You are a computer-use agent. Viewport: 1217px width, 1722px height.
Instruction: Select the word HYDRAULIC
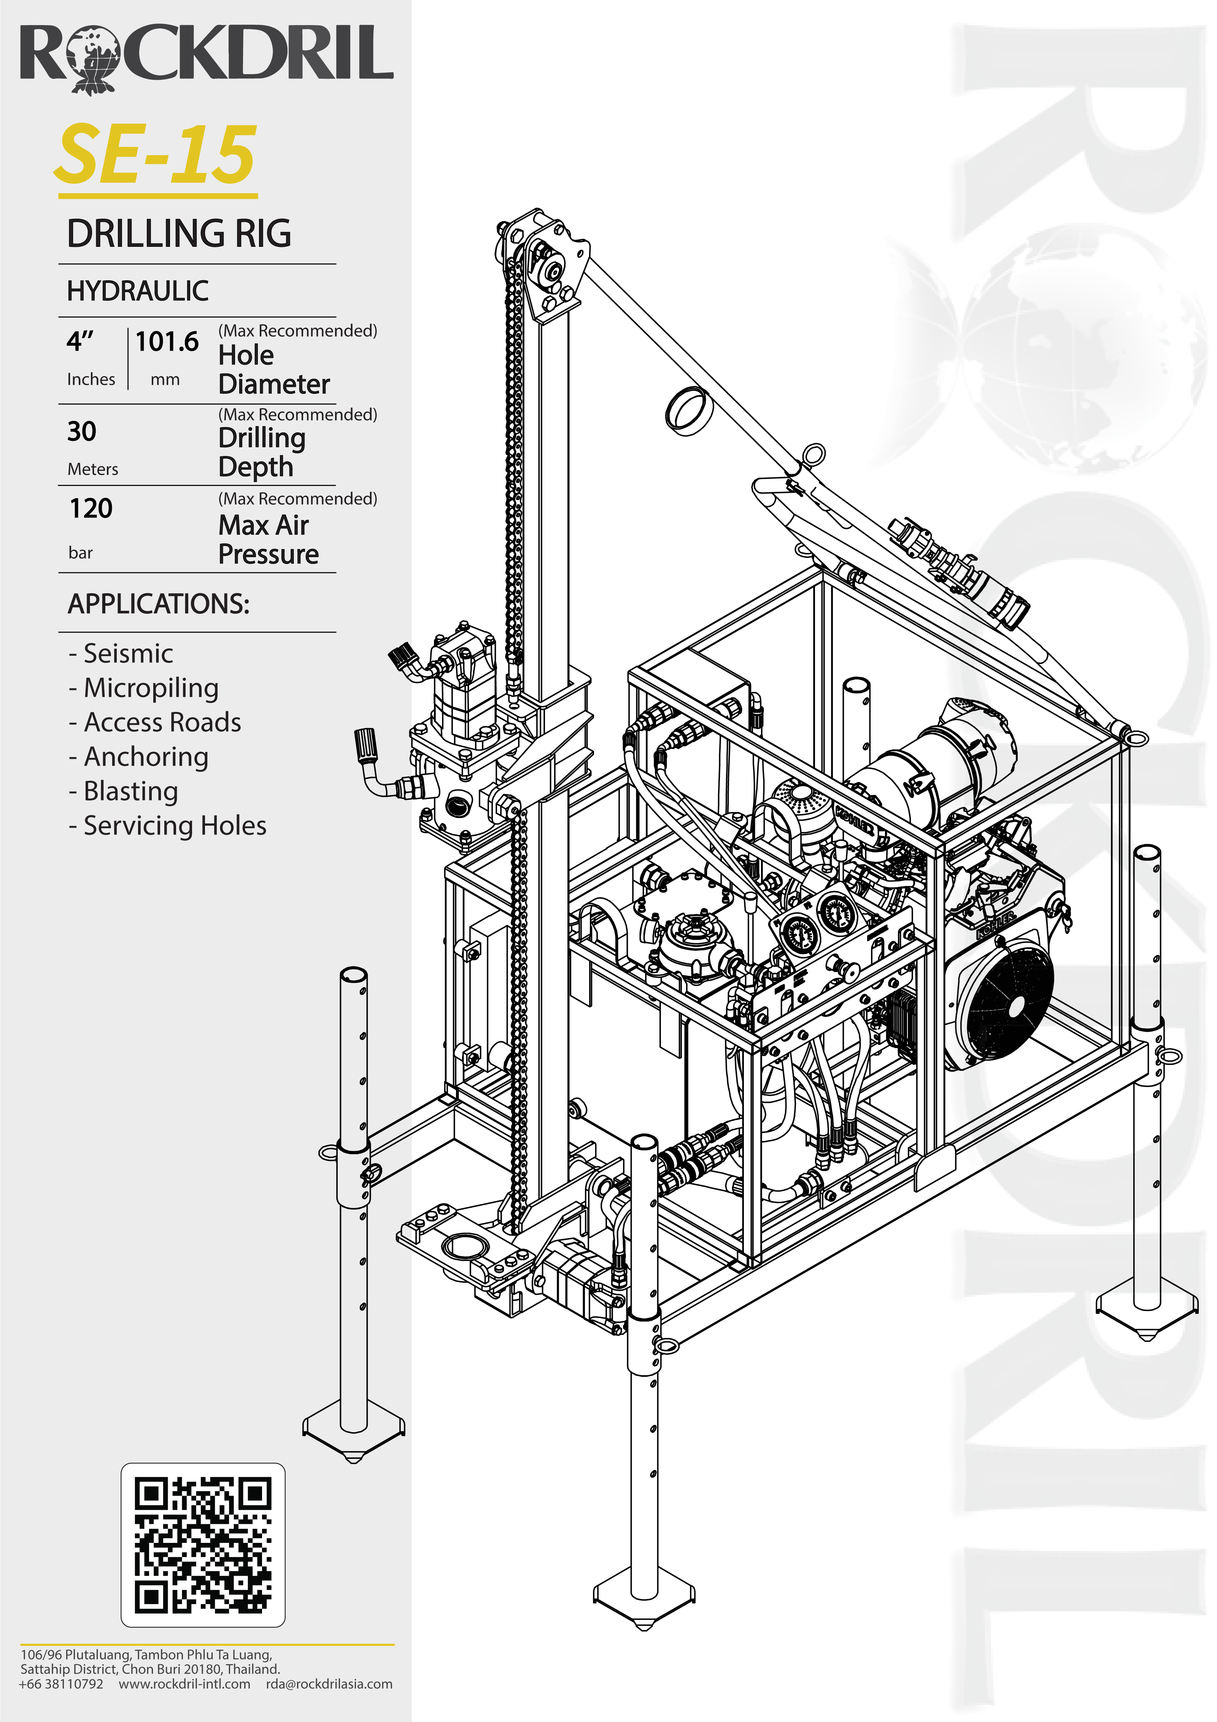(x=138, y=291)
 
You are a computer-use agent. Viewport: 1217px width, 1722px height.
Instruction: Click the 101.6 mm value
(x=167, y=342)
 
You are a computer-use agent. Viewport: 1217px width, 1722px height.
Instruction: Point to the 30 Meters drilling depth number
(x=82, y=431)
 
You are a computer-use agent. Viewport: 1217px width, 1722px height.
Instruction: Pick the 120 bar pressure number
(x=91, y=508)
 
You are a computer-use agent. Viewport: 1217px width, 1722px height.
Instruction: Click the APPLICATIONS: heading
(x=158, y=604)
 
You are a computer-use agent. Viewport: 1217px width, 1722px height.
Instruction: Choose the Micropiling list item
(x=151, y=688)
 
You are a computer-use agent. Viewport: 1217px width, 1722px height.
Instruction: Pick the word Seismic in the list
(x=128, y=653)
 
